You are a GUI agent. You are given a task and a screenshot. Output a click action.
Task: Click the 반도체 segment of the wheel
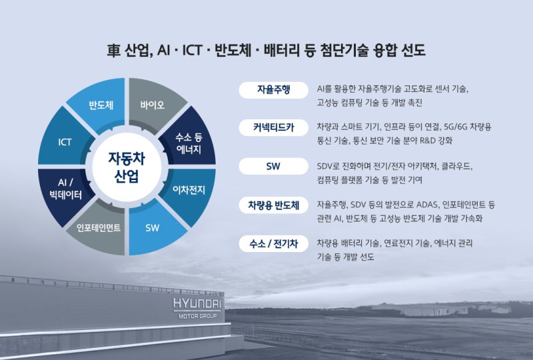tap(101, 105)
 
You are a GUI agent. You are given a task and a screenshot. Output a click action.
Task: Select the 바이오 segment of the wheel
tap(152, 105)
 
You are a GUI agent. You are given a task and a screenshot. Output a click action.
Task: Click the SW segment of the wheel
tap(153, 227)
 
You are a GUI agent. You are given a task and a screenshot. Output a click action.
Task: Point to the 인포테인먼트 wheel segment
tap(99, 227)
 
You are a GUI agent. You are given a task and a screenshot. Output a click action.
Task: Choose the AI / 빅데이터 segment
tap(65, 190)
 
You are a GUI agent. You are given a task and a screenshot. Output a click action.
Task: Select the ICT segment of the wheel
tap(65, 142)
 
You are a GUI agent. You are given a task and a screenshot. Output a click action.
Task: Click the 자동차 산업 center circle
tap(127, 167)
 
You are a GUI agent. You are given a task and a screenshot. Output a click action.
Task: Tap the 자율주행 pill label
tap(273, 90)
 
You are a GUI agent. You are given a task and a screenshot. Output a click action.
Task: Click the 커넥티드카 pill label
tap(273, 127)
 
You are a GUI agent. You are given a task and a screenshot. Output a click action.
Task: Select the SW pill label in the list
tap(273, 166)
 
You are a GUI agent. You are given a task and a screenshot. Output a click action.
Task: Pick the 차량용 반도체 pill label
tap(273, 205)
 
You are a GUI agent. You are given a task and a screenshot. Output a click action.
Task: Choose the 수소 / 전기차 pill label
tap(273, 243)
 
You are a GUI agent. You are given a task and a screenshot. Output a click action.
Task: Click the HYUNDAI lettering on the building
tap(198, 304)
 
